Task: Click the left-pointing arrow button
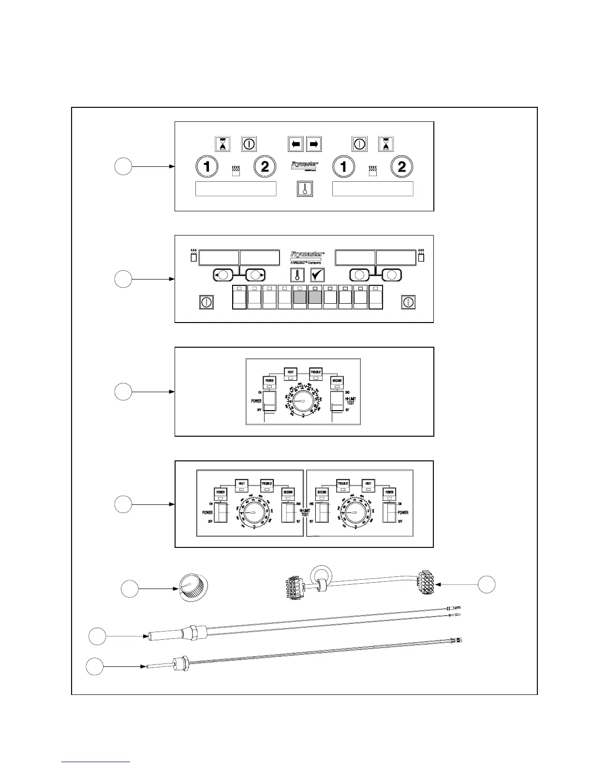(x=296, y=144)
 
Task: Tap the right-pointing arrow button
(x=314, y=144)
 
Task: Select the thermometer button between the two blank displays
(x=305, y=189)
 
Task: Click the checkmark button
(x=317, y=275)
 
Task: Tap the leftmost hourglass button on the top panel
(x=223, y=144)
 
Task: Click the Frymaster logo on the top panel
(x=304, y=165)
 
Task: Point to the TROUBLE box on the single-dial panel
(x=316, y=373)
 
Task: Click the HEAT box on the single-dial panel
(x=291, y=373)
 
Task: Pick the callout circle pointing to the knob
(x=129, y=589)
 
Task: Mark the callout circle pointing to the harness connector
(x=487, y=584)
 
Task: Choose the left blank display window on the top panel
(x=236, y=189)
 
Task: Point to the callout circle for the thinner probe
(x=95, y=667)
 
